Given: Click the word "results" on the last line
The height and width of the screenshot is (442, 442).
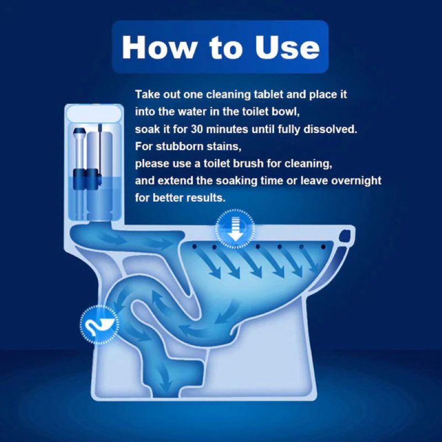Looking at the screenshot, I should (x=207, y=198).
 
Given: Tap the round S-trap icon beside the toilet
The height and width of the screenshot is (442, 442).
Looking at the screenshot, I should (x=99, y=323).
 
